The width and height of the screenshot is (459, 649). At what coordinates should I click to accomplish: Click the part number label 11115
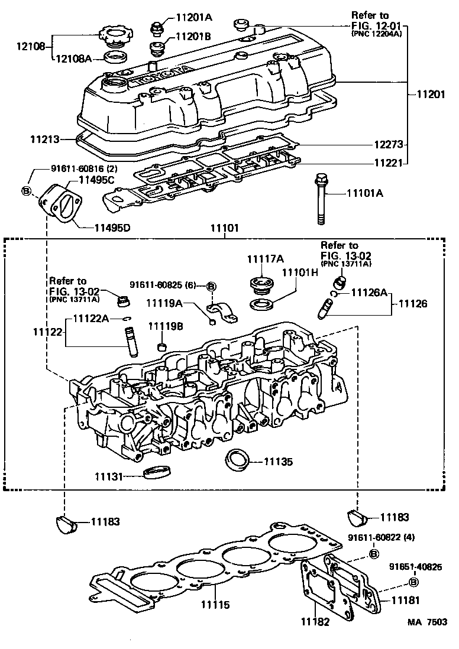(x=214, y=605)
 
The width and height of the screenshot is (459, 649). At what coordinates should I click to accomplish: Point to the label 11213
(x=46, y=139)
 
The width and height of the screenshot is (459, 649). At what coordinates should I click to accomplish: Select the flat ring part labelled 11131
(x=156, y=472)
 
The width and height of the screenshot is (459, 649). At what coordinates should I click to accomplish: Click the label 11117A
(x=265, y=258)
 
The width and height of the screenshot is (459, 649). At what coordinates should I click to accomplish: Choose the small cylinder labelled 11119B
(x=160, y=346)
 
